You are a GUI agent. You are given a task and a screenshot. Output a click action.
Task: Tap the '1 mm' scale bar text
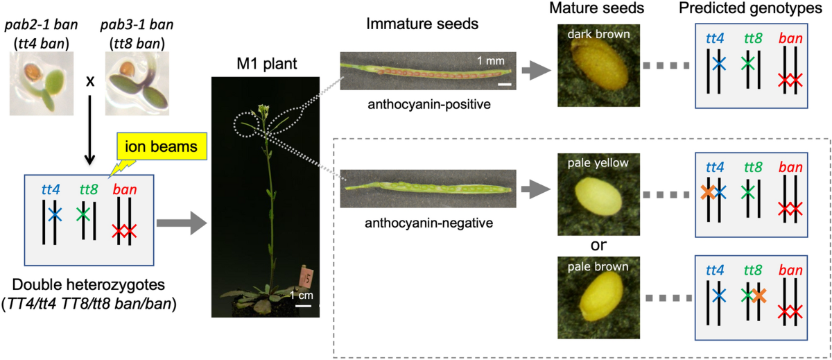(490, 60)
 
